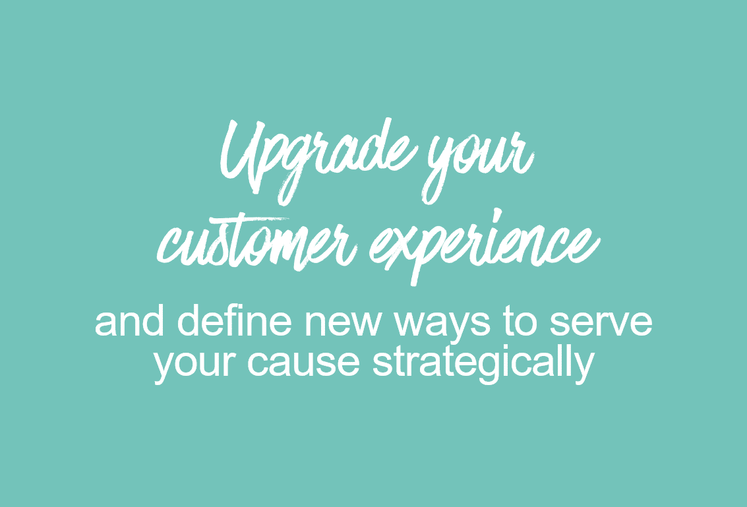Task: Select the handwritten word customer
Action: click(x=257, y=243)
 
